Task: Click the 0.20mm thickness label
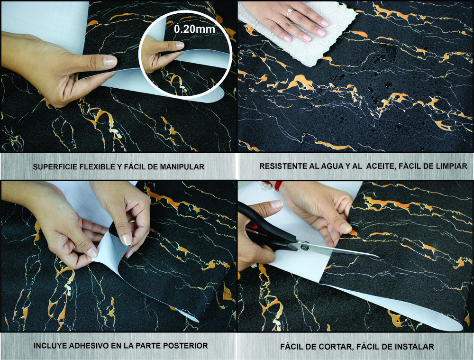tap(194, 29)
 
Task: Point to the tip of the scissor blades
tap(377, 257)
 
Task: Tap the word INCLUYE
tap(49, 346)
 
